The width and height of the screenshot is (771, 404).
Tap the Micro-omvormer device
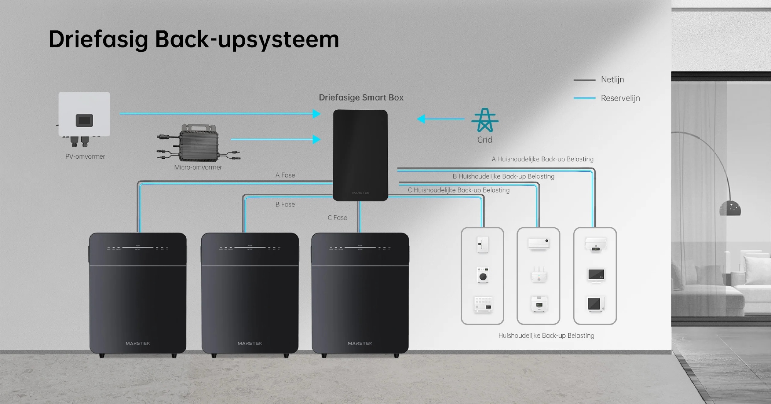click(199, 144)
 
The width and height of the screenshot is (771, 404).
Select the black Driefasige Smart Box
click(360, 155)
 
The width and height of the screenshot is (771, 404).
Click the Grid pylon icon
click(485, 121)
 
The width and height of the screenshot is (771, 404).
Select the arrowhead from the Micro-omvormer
click(316, 139)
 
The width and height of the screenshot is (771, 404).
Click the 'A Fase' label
click(285, 175)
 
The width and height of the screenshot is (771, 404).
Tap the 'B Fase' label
click(285, 205)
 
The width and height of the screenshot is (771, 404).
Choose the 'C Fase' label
click(337, 218)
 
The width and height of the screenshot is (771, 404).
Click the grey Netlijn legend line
click(584, 80)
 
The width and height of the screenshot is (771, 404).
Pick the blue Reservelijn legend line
click(584, 98)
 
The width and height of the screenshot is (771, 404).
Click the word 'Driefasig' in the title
click(98, 39)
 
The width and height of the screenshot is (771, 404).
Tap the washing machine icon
click(483, 275)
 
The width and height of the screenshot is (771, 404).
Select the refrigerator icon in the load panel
click(482, 245)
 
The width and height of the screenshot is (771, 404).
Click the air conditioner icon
click(538, 244)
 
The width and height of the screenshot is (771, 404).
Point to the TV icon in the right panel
click(596, 275)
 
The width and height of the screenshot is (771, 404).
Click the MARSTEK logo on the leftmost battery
click(138, 343)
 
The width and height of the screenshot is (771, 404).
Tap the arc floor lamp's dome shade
click(730, 208)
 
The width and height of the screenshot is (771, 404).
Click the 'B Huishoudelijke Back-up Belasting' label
click(503, 176)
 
